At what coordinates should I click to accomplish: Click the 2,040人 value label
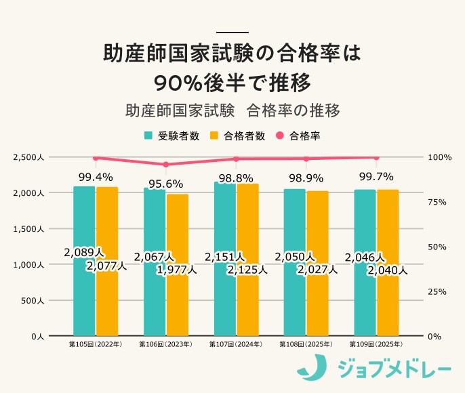click(x=387, y=270)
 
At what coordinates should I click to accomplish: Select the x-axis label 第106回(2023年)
click(x=165, y=345)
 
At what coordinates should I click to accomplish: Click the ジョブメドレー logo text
click(x=393, y=370)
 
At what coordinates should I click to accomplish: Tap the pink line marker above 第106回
click(x=165, y=164)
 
